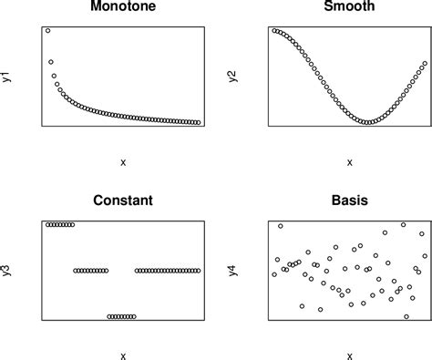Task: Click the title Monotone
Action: point(122,8)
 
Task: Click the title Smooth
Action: point(349,8)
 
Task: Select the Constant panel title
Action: point(122,201)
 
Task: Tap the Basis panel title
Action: point(349,201)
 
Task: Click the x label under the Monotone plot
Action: point(122,162)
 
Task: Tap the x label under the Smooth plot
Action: point(349,162)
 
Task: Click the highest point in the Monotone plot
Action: point(47,31)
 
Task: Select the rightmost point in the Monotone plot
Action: point(198,122)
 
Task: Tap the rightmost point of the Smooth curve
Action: point(425,64)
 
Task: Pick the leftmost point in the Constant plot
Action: point(47,224)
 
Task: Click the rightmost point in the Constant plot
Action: point(198,271)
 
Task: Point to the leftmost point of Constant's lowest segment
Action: point(109,316)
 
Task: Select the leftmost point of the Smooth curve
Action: point(274,31)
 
